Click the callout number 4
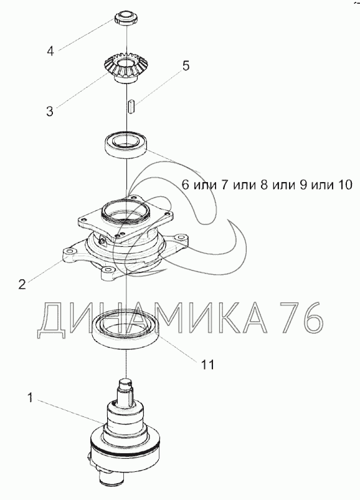pos(50,50)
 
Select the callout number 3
pos(50,112)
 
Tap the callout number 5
pos(186,65)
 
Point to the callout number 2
pos(22,284)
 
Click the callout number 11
pos(207,364)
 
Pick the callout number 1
pos(31,398)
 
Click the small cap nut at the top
pos(126,18)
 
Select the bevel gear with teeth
pos(126,69)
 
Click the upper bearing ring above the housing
pos(126,145)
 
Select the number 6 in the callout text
pos(186,185)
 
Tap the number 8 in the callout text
pos(265,185)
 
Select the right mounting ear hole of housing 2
pos(182,238)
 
